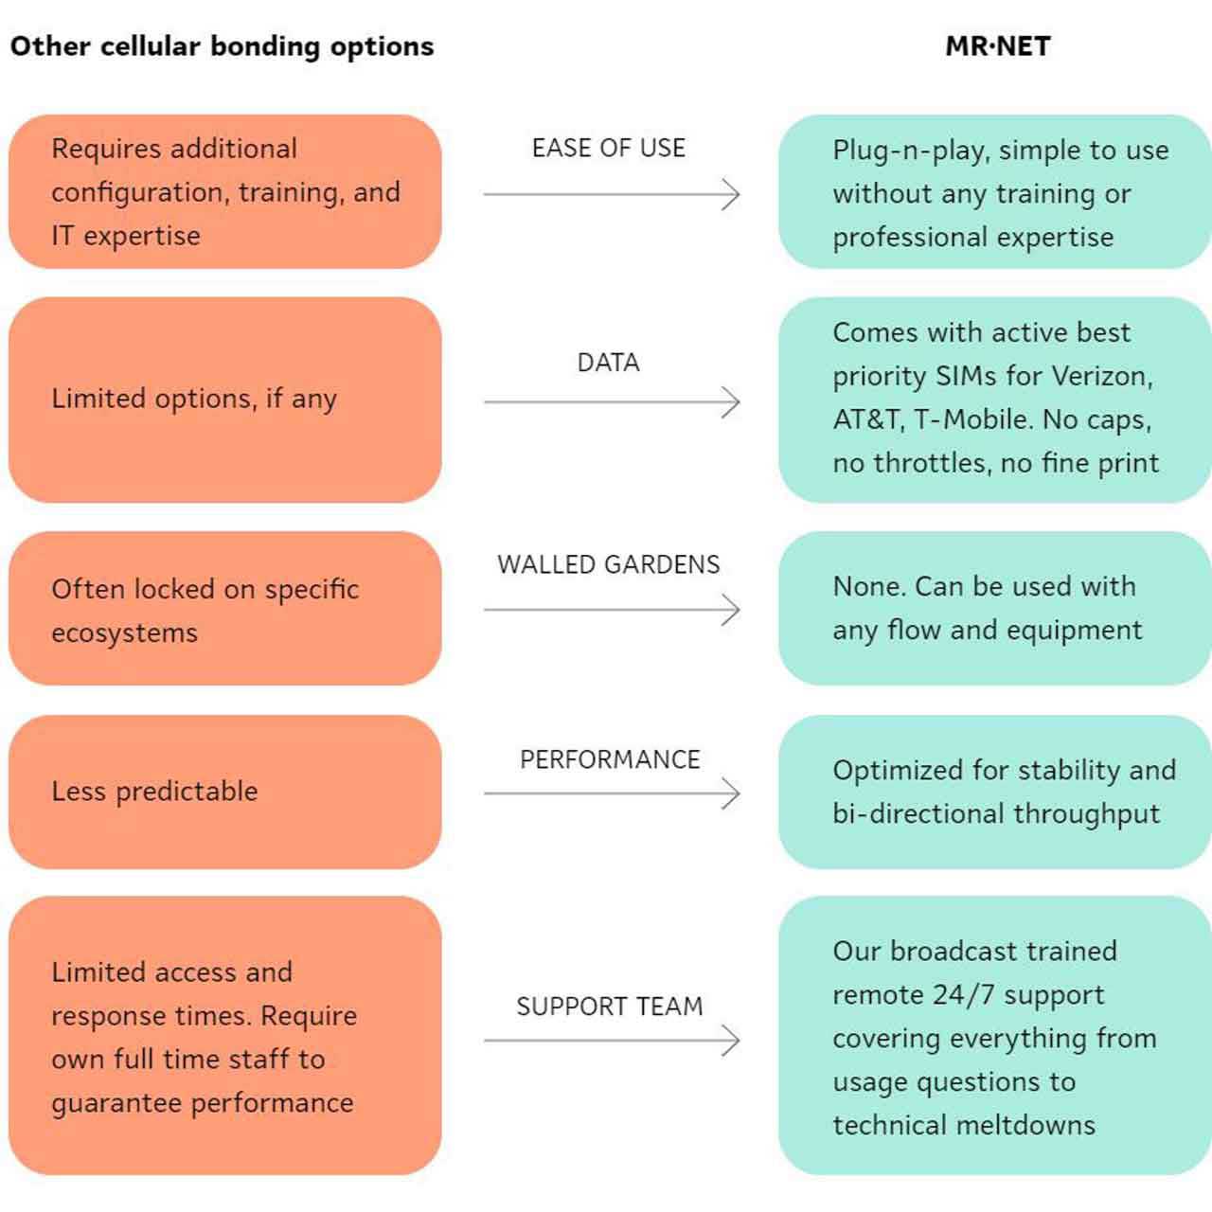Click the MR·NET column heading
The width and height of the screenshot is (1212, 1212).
[x=998, y=46]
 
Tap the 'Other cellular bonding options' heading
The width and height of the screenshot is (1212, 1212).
[x=222, y=46]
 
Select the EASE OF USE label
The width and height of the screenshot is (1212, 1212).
[x=609, y=148]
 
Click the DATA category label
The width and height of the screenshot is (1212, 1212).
[x=609, y=363]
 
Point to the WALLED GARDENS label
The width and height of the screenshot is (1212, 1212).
[x=609, y=564]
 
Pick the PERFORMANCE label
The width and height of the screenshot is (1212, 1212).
[x=610, y=759]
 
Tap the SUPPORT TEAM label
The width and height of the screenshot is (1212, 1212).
[x=610, y=1006]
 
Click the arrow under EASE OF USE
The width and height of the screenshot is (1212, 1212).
[x=611, y=195]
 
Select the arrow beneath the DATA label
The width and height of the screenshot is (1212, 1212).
[x=611, y=402]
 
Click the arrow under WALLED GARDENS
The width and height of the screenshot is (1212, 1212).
[x=611, y=610]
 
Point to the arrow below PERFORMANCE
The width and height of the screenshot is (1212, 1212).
[x=611, y=793]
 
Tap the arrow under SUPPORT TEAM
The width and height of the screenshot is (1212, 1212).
[x=611, y=1041]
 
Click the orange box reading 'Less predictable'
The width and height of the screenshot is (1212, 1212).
[x=224, y=792]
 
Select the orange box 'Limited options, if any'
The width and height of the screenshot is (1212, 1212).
[x=224, y=400]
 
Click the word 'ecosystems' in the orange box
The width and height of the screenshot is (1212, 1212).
[x=124, y=633]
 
